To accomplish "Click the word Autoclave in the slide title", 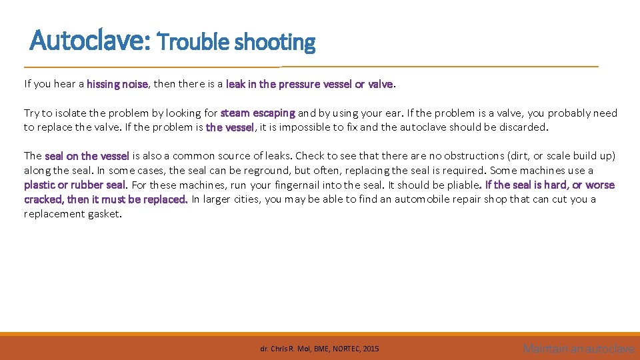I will point(91,42).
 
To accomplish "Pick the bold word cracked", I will point(44,199).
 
